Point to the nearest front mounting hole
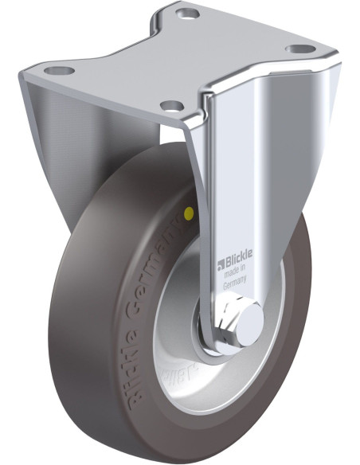169,104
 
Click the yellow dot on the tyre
188,213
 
